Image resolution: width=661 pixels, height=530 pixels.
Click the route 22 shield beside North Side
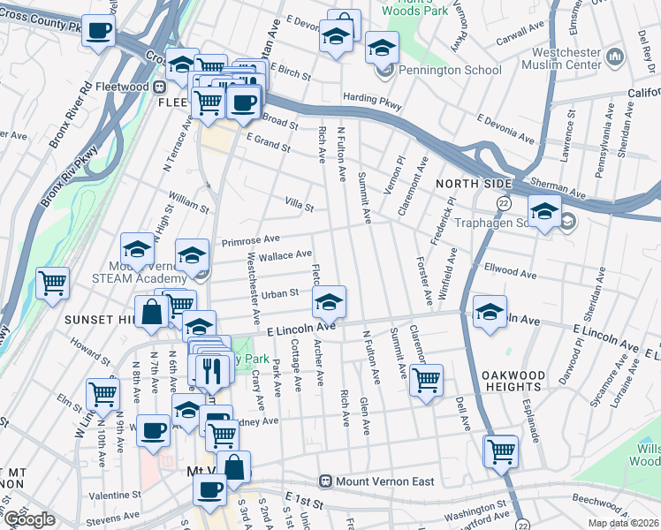(503, 203)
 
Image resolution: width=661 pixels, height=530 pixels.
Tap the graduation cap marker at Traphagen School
(544, 212)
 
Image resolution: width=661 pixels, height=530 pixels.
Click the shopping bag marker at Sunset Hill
(152, 311)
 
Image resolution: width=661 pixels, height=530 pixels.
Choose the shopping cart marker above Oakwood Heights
(426, 380)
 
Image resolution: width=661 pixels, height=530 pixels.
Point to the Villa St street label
(300, 206)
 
